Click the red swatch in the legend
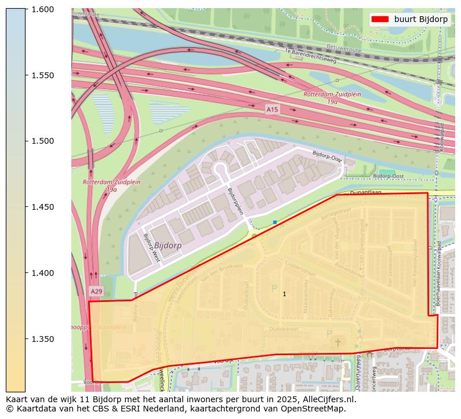(380, 19)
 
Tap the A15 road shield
(272, 109)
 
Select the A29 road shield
(96, 291)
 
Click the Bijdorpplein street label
(235, 201)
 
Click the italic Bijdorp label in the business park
(168, 245)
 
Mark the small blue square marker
(275, 222)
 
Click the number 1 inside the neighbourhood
(284, 294)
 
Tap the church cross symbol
(338, 343)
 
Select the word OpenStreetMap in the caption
(317, 409)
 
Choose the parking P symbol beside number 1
(274, 288)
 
